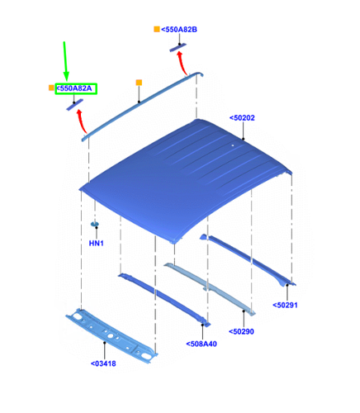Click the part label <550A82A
pyautogui.click(x=74, y=88)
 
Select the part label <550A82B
pyautogui.click(x=179, y=30)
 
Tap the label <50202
pyautogui.click(x=242, y=118)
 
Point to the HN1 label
pyautogui.click(x=96, y=243)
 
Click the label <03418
pyautogui.click(x=103, y=363)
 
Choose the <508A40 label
pyautogui.click(x=201, y=344)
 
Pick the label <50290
pyautogui.click(x=241, y=331)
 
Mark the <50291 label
pyautogui.click(x=285, y=305)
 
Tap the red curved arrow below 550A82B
pyautogui.click(x=182, y=63)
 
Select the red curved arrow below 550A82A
pyautogui.click(x=81, y=121)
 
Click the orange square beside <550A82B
pyautogui.click(x=157, y=29)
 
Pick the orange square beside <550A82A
pyautogui.click(x=51, y=88)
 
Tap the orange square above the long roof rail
pyautogui.click(x=139, y=83)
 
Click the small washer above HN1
pyautogui.click(x=95, y=224)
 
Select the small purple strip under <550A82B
pyautogui.click(x=178, y=47)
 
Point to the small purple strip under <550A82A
pyautogui.click(x=74, y=105)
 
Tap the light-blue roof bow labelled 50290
pyautogui.click(x=210, y=289)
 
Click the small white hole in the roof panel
pyautogui.click(x=233, y=145)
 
